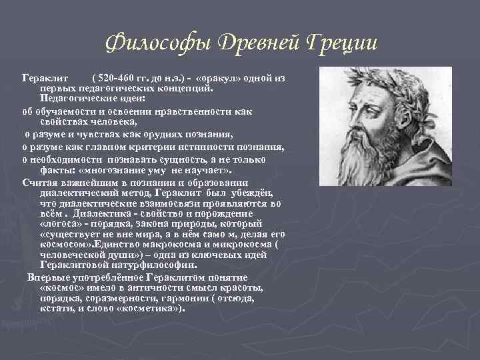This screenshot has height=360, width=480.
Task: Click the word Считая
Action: pyautogui.click(x=39, y=183)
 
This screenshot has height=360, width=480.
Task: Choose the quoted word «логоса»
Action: pyautogui.click(x=62, y=223)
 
